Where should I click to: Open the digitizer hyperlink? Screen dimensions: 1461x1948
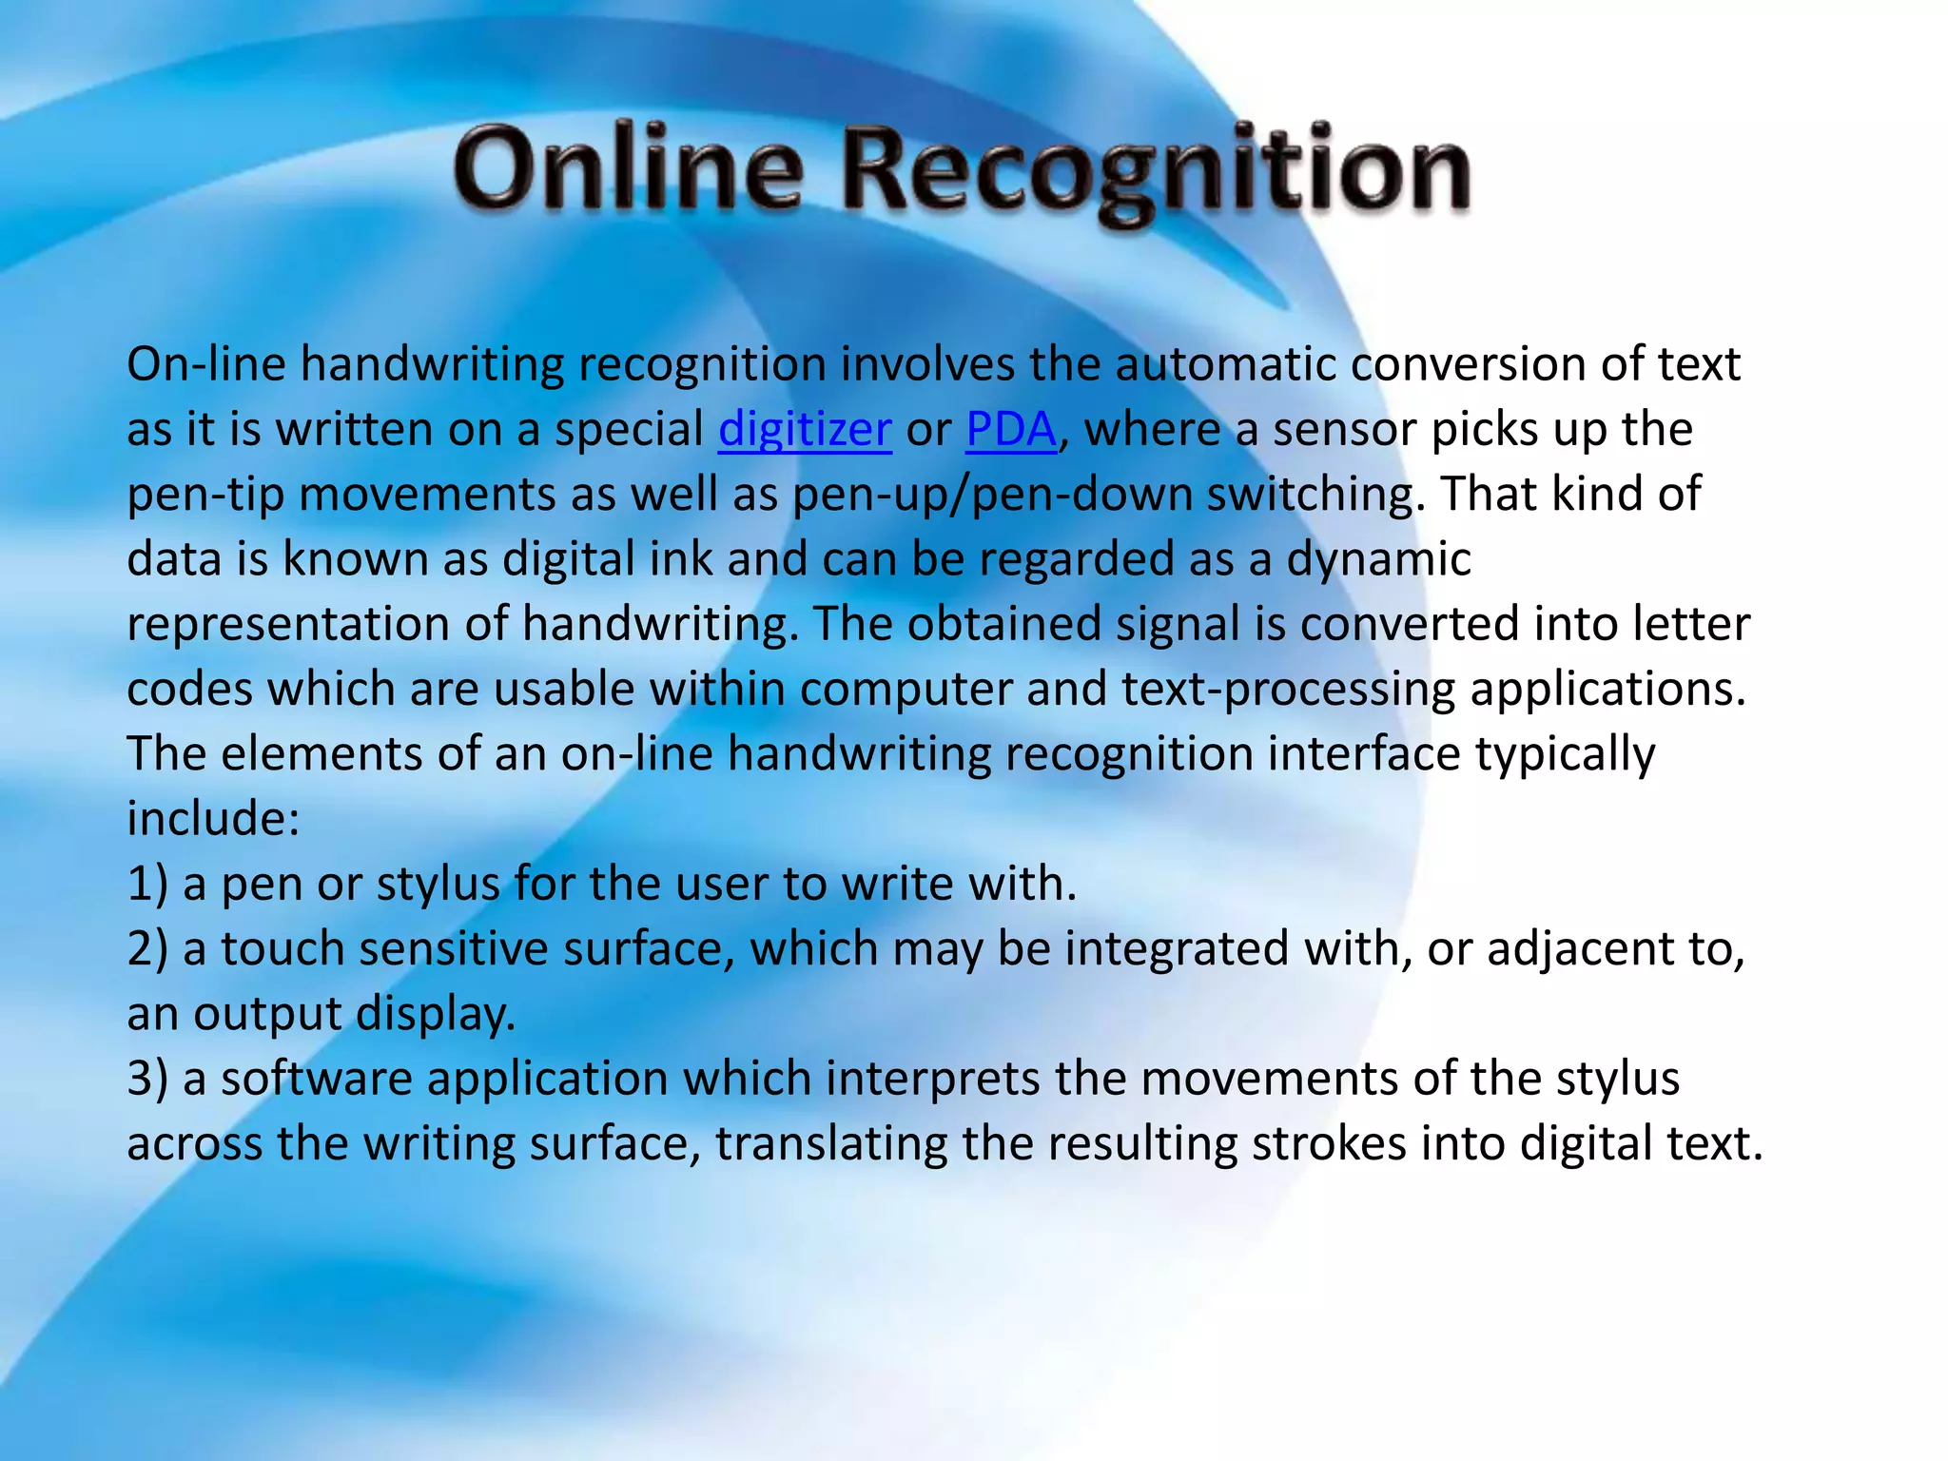(805, 430)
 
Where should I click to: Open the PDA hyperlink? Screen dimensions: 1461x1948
(1011, 430)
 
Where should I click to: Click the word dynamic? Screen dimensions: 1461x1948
(1378, 559)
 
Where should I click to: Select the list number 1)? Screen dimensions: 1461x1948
(146, 884)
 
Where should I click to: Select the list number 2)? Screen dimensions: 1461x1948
(146, 949)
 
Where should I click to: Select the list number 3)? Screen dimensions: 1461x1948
(146, 1080)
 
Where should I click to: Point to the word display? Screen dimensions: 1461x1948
(436, 1014)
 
